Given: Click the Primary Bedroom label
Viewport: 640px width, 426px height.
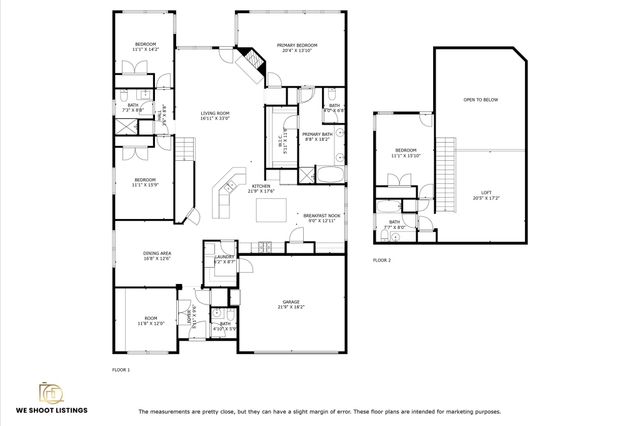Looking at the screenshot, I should [297, 46].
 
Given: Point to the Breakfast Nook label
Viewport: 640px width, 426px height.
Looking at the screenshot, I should [322, 215].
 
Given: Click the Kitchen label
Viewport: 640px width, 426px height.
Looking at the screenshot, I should [261, 187].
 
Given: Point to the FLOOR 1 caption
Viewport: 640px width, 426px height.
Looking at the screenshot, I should [121, 369].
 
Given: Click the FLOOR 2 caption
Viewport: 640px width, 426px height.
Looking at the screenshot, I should [382, 260].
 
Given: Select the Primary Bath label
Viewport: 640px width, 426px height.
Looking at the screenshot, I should [317, 134].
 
